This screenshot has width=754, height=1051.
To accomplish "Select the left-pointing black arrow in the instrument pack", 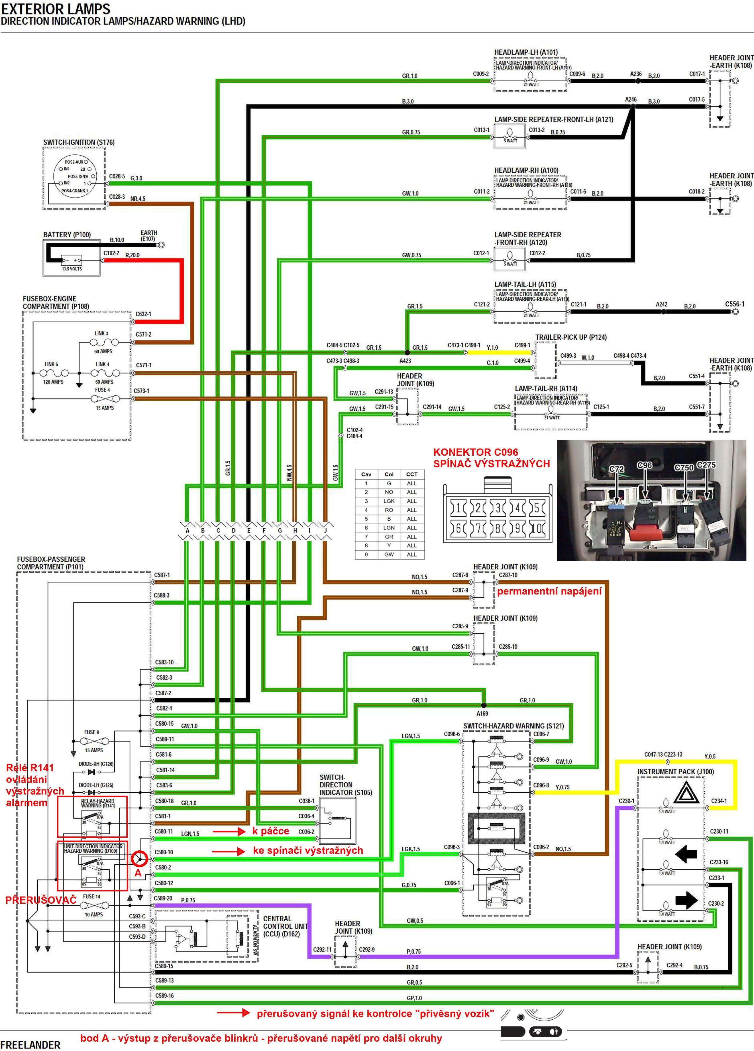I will (x=686, y=854).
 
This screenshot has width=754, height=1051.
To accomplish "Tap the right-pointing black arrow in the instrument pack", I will (x=686, y=901).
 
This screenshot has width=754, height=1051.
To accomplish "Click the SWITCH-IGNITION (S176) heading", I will (x=79, y=142).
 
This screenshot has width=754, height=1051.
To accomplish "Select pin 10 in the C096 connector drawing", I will (x=536, y=528).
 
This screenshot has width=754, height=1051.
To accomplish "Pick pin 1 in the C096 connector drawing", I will (x=458, y=508).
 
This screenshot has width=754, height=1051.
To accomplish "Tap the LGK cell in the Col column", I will (x=389, y=501).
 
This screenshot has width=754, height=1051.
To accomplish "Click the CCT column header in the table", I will (x=411, y=474).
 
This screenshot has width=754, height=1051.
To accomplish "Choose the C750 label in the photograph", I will (x=684, y=468).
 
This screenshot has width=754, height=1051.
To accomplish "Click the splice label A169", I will (x=482, y=714).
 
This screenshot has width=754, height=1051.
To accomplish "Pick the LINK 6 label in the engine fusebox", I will (x=51, y=364).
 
